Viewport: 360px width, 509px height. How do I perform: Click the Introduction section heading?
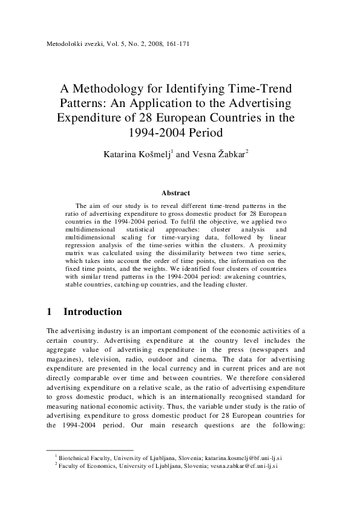93,312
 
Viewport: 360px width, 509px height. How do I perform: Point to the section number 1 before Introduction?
49,312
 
